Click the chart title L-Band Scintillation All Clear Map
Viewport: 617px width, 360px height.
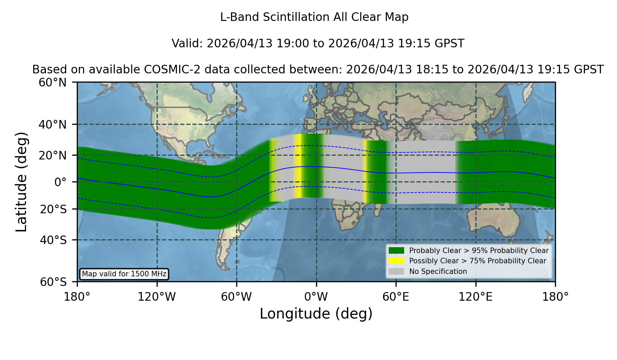(x=314, y=17)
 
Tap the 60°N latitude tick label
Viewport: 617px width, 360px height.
(x=52, y=82)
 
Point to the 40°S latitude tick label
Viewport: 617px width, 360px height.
(x=53, y=240)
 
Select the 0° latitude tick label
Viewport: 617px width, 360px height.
(x=60, y=182)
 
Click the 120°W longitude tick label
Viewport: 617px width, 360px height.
(x=157, y=297)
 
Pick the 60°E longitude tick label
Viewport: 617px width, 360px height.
(x=396, y=297)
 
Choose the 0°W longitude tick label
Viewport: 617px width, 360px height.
(x=316, y=297)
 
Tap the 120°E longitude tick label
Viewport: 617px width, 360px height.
(x=475, y=297)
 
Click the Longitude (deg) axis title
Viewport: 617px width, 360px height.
(x=316, y=314)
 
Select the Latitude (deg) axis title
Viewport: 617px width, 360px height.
(x=21, y=182)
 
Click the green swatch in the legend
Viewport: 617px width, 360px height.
(x=396, y=250)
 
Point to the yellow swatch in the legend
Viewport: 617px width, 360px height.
(x=396, y=261)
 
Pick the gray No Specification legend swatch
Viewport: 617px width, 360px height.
(x=396, y=271)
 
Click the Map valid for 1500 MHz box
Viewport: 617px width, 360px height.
(x=124, y=274)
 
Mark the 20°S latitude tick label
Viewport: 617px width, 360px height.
(x=53, y=209)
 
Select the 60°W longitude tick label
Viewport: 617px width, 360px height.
(x=236, y=297)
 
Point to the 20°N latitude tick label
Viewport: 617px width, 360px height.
(x=52, y=155)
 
